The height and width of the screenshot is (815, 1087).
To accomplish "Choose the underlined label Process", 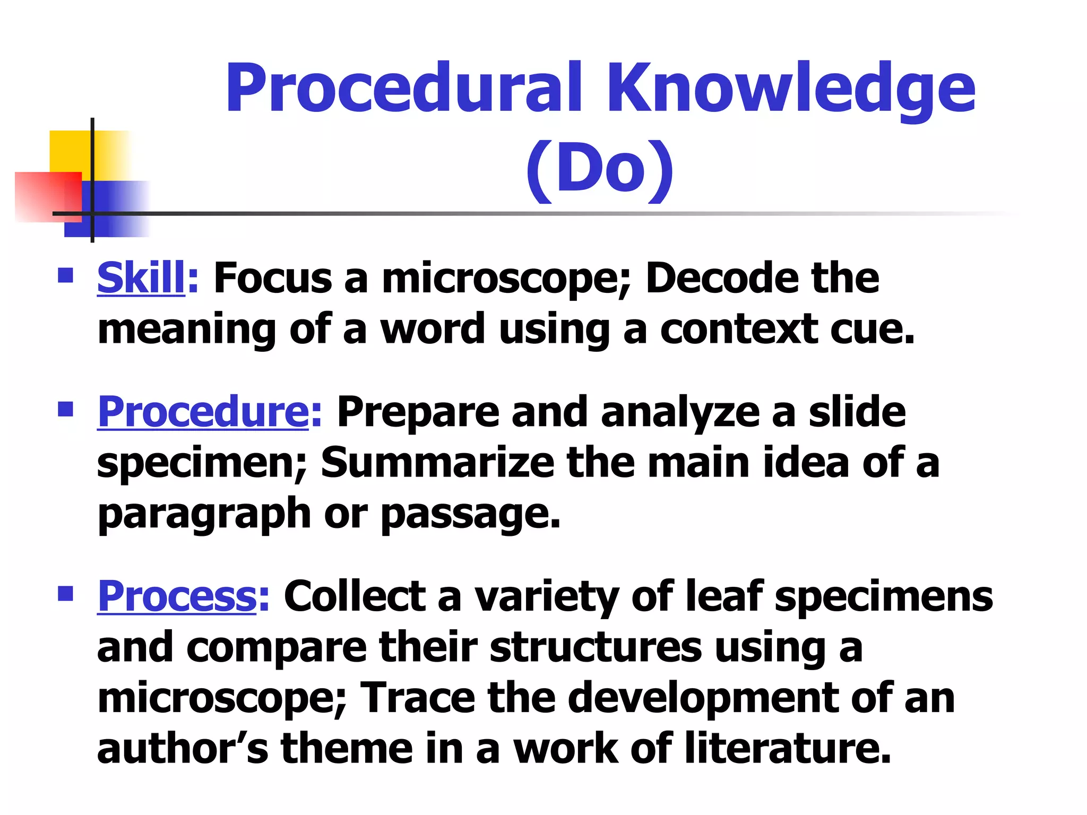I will (x=177, y=596).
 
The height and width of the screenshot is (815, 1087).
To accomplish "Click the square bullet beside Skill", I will (x=65, y=275).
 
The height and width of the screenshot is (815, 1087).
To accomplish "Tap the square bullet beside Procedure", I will (x=65, y=409).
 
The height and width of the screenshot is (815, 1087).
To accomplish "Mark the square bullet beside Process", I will (x=65, y=593).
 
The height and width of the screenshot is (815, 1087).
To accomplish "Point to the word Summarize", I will (x=437, y=462).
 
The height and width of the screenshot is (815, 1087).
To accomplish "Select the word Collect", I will (x=355, y=596).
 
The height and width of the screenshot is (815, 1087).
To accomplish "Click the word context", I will (x=738, y=329).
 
